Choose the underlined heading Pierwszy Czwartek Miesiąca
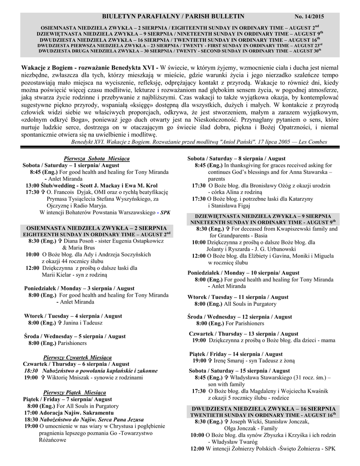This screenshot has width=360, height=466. click(x=77, y=357)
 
